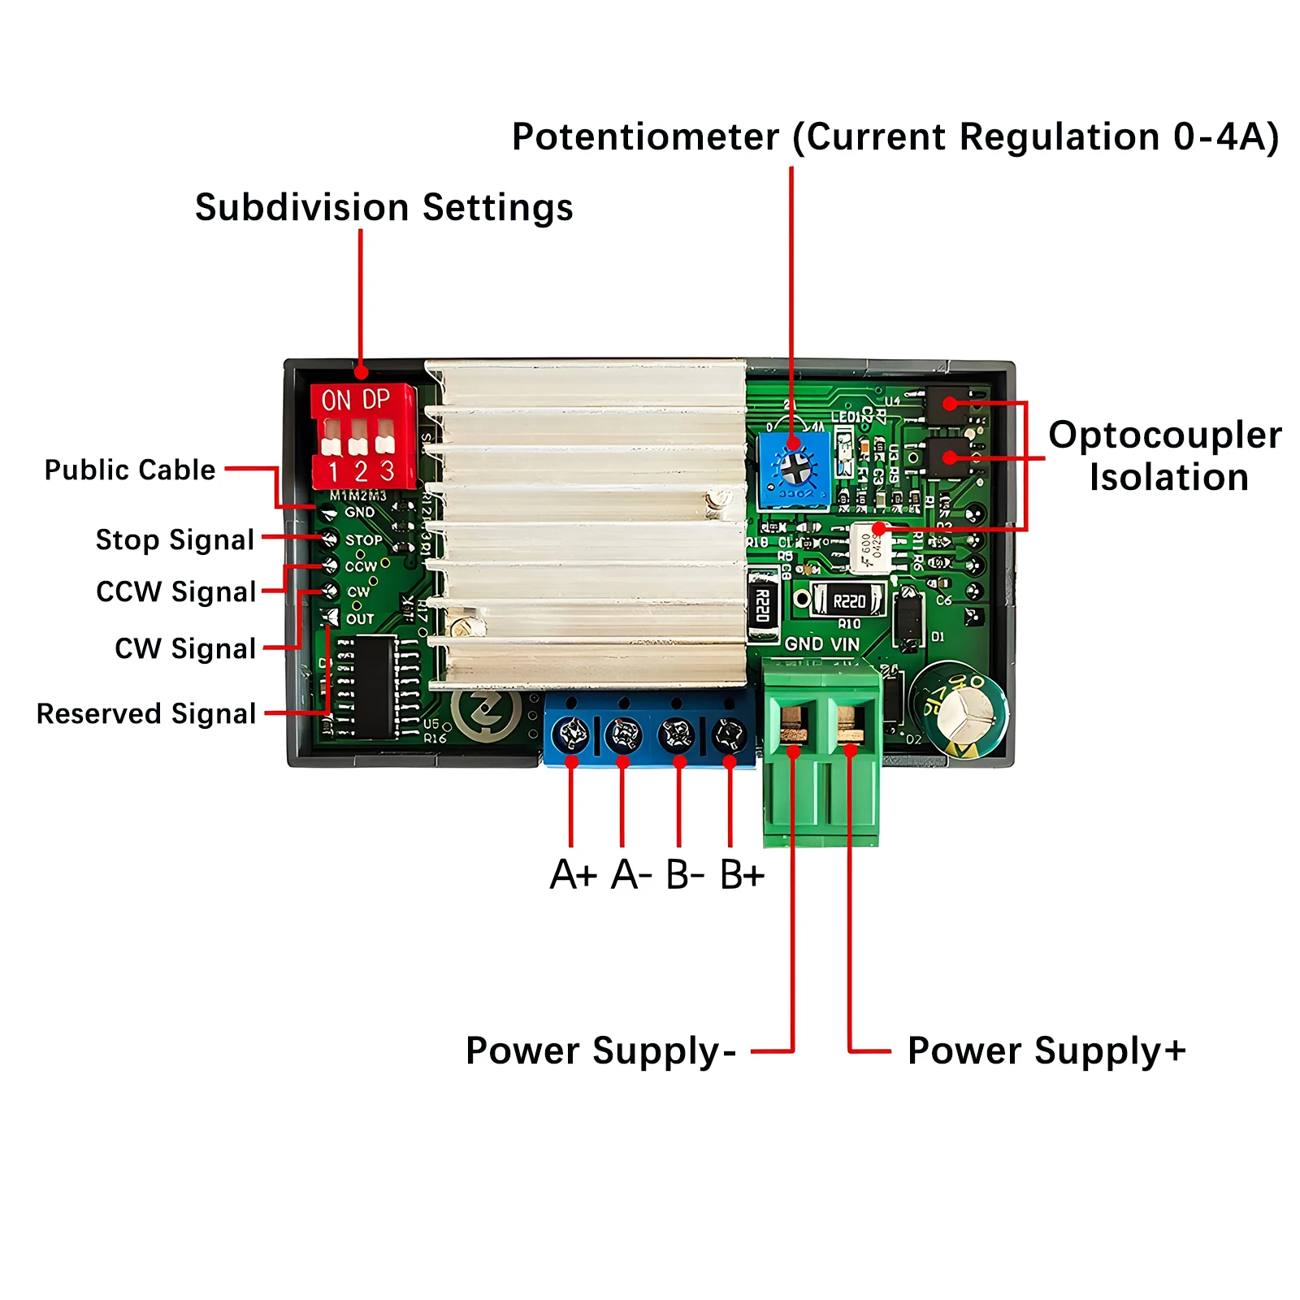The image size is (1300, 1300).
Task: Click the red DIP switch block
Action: point(363,436)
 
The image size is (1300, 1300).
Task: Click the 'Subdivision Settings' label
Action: point(383,208)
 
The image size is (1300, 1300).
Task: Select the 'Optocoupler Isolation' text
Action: point(1165,456)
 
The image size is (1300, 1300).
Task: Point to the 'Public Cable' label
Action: point(130,470)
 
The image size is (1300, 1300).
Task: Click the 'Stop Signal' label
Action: point(175,539)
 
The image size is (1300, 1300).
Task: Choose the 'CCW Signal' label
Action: point(176,591)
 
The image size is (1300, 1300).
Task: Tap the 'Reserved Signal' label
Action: point(146,713)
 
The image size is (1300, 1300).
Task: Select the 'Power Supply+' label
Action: point(1046,1051)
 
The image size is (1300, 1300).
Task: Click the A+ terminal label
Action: point(573,875)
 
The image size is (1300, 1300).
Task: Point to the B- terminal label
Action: point(684,875)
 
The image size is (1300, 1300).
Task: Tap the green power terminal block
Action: point(821,752)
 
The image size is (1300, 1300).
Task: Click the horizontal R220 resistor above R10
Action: point(848,601)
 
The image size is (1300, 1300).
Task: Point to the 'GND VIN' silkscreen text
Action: point(821,644)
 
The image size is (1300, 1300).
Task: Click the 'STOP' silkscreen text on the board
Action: point(363,540)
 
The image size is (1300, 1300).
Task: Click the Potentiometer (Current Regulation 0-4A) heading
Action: point(895,136)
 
